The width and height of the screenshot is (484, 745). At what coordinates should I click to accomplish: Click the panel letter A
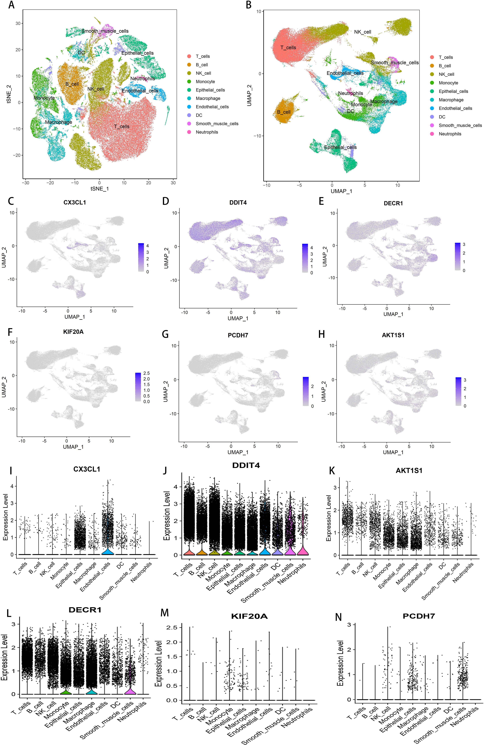point(11,5)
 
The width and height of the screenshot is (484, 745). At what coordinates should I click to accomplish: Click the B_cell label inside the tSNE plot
point(72,84)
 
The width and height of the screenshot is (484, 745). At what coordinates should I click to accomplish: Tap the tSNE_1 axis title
point(100,189)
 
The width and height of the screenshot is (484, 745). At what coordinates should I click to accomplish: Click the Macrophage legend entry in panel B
point(451,100)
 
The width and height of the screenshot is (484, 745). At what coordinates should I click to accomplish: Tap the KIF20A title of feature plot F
point(73,331)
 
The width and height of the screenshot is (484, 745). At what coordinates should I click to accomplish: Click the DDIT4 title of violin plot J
point(246,465)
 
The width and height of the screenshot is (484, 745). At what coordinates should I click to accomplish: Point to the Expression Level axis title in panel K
point(329,518)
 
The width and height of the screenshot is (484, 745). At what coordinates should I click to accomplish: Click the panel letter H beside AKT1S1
point(321,335)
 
